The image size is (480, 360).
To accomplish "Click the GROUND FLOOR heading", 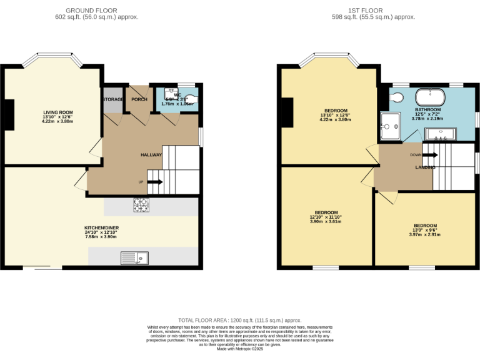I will click(x=96, y=11).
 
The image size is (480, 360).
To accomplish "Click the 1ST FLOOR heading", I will click(x=374, y=11).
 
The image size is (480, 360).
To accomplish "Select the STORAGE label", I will click(x=113, y=99).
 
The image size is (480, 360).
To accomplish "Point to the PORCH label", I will click(x=139, y=99).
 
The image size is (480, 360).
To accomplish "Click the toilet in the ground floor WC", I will click(x=190, y=98).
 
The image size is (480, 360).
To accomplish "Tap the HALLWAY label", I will click(x=151, y=155).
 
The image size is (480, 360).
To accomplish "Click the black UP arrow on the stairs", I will click(x=154, y=182).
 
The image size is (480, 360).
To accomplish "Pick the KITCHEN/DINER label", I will click(x=101, y=228).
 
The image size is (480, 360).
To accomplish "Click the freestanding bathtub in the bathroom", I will click(x=431, y=97).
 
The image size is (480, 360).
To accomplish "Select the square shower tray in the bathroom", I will click(x=389, y=126).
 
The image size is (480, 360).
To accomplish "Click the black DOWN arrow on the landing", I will click(x=431, y=154).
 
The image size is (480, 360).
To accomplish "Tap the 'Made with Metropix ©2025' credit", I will click(x=239, y=349).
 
